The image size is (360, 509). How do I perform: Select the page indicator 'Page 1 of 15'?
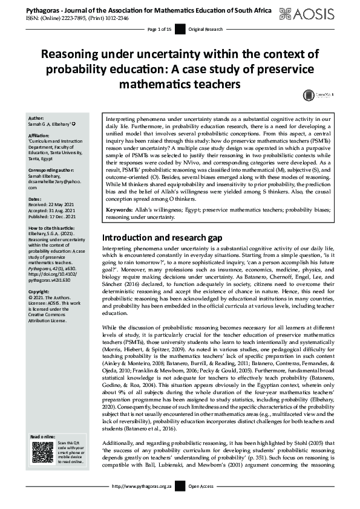coord(160,29)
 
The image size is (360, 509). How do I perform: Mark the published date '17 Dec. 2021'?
coord(62,216)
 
